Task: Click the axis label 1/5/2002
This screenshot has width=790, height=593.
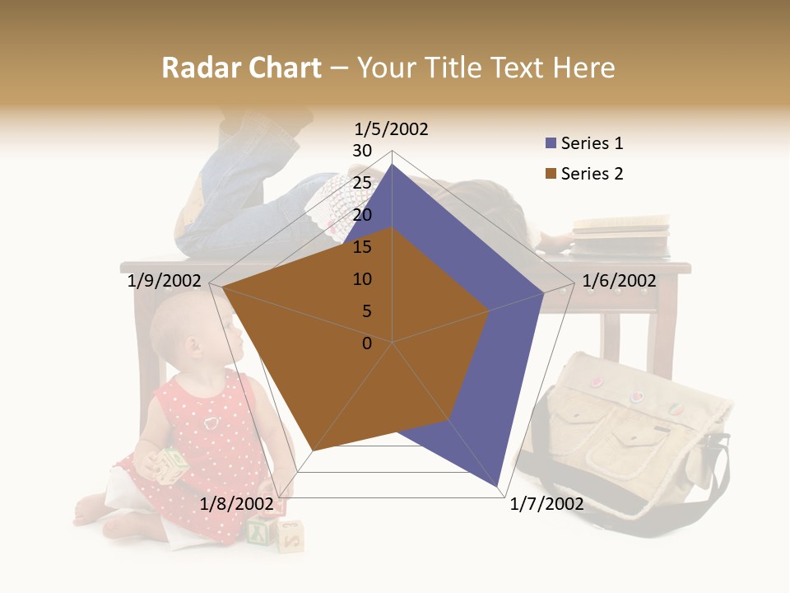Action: click(391, 129)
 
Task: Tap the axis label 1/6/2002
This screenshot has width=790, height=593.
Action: click(619, 281)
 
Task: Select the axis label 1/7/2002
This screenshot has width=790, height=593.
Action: click(546, 504)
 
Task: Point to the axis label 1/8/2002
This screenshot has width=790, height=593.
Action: click(237, 504)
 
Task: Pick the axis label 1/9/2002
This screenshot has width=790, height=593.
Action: click(165, 281)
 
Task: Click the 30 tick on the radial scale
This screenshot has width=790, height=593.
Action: click(362, 151)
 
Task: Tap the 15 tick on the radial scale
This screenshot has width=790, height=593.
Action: click(362, 247)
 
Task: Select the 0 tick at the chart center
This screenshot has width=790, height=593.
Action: click(367, 343)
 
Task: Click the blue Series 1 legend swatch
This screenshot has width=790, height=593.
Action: click(551, 144)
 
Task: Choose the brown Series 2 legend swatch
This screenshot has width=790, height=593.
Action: click(551, 174)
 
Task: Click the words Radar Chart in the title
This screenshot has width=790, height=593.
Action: click(241, 68)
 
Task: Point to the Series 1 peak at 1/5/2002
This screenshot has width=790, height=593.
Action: click(392, 164)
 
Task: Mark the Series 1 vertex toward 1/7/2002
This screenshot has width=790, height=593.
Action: click(497, 486)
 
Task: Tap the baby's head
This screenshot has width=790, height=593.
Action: click(189, 329)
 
